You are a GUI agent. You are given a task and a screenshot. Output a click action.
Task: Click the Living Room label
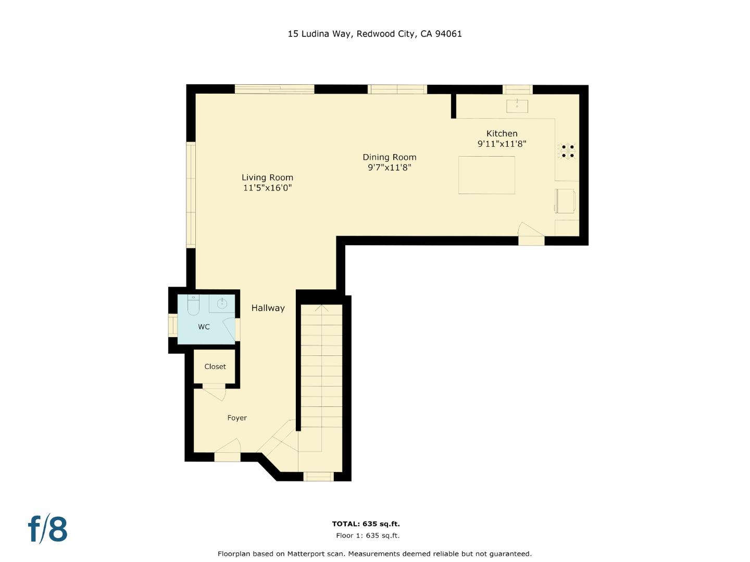[267, 177]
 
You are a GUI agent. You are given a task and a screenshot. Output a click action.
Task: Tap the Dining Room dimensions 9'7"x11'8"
[390, 168]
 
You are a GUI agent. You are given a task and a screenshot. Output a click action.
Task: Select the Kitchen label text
[502, 134]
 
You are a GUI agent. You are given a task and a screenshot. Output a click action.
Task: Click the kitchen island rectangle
[486, 175]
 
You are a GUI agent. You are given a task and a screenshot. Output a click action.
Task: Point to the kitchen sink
[517, 106]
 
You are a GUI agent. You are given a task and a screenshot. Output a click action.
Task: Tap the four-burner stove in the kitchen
[568, 151]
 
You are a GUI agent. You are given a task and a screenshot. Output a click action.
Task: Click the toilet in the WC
[193, 305]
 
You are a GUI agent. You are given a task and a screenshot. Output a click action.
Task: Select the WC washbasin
[222, 303]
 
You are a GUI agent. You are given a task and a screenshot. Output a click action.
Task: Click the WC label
[204, 327]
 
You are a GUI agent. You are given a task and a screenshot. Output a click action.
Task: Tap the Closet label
[215, 367]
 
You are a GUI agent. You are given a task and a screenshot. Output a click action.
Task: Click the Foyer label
[237, 418]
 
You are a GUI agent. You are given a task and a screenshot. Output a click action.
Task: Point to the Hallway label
[268, 308]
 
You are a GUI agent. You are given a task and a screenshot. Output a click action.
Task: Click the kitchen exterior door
[531, 233]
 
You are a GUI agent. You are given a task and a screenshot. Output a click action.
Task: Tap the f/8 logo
[47, 529]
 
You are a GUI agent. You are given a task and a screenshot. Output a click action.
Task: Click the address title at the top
[374, 34]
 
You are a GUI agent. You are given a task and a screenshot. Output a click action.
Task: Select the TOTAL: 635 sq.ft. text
[366, 524]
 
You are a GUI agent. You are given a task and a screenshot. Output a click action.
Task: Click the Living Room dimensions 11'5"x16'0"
[267, 188]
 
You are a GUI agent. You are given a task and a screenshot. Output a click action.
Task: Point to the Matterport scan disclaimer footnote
[374, 554]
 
